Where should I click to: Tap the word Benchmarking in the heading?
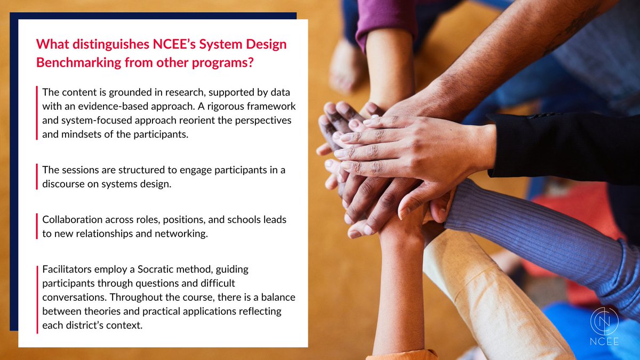(x=74, y=62)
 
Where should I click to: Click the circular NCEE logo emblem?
(x=604, y=322)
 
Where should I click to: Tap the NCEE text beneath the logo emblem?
(x=604, y=342)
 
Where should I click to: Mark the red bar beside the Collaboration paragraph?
(x=37, y=227)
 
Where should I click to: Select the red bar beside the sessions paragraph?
(x=37, y=178)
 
